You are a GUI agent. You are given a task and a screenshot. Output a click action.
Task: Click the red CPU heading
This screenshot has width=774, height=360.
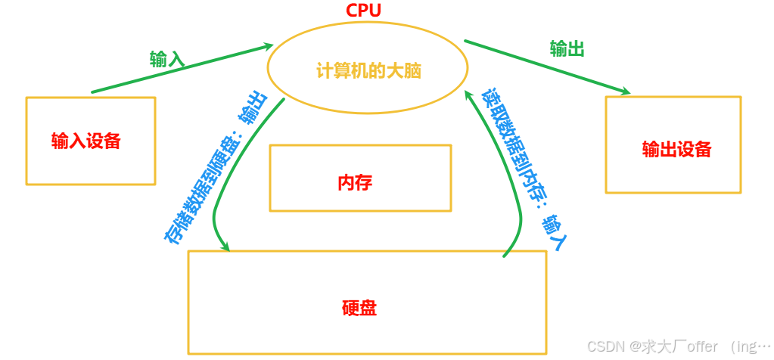(x=363, y=11)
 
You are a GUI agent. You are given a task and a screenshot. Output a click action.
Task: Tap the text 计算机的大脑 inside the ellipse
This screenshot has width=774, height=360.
(x=368, y=72)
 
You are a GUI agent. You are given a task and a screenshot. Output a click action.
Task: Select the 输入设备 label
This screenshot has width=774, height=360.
(x=86, y=141)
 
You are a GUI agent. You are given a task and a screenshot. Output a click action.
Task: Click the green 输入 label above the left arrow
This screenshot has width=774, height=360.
(x=167, y=59)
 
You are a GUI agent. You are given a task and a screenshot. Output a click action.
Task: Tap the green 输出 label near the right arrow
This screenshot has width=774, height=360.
(x=567, y=49)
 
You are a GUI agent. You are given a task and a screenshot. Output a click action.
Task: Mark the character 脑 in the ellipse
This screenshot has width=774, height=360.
(x=412, y=72)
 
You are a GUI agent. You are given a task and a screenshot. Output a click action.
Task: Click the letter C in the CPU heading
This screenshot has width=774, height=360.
(x=352, y=11)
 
